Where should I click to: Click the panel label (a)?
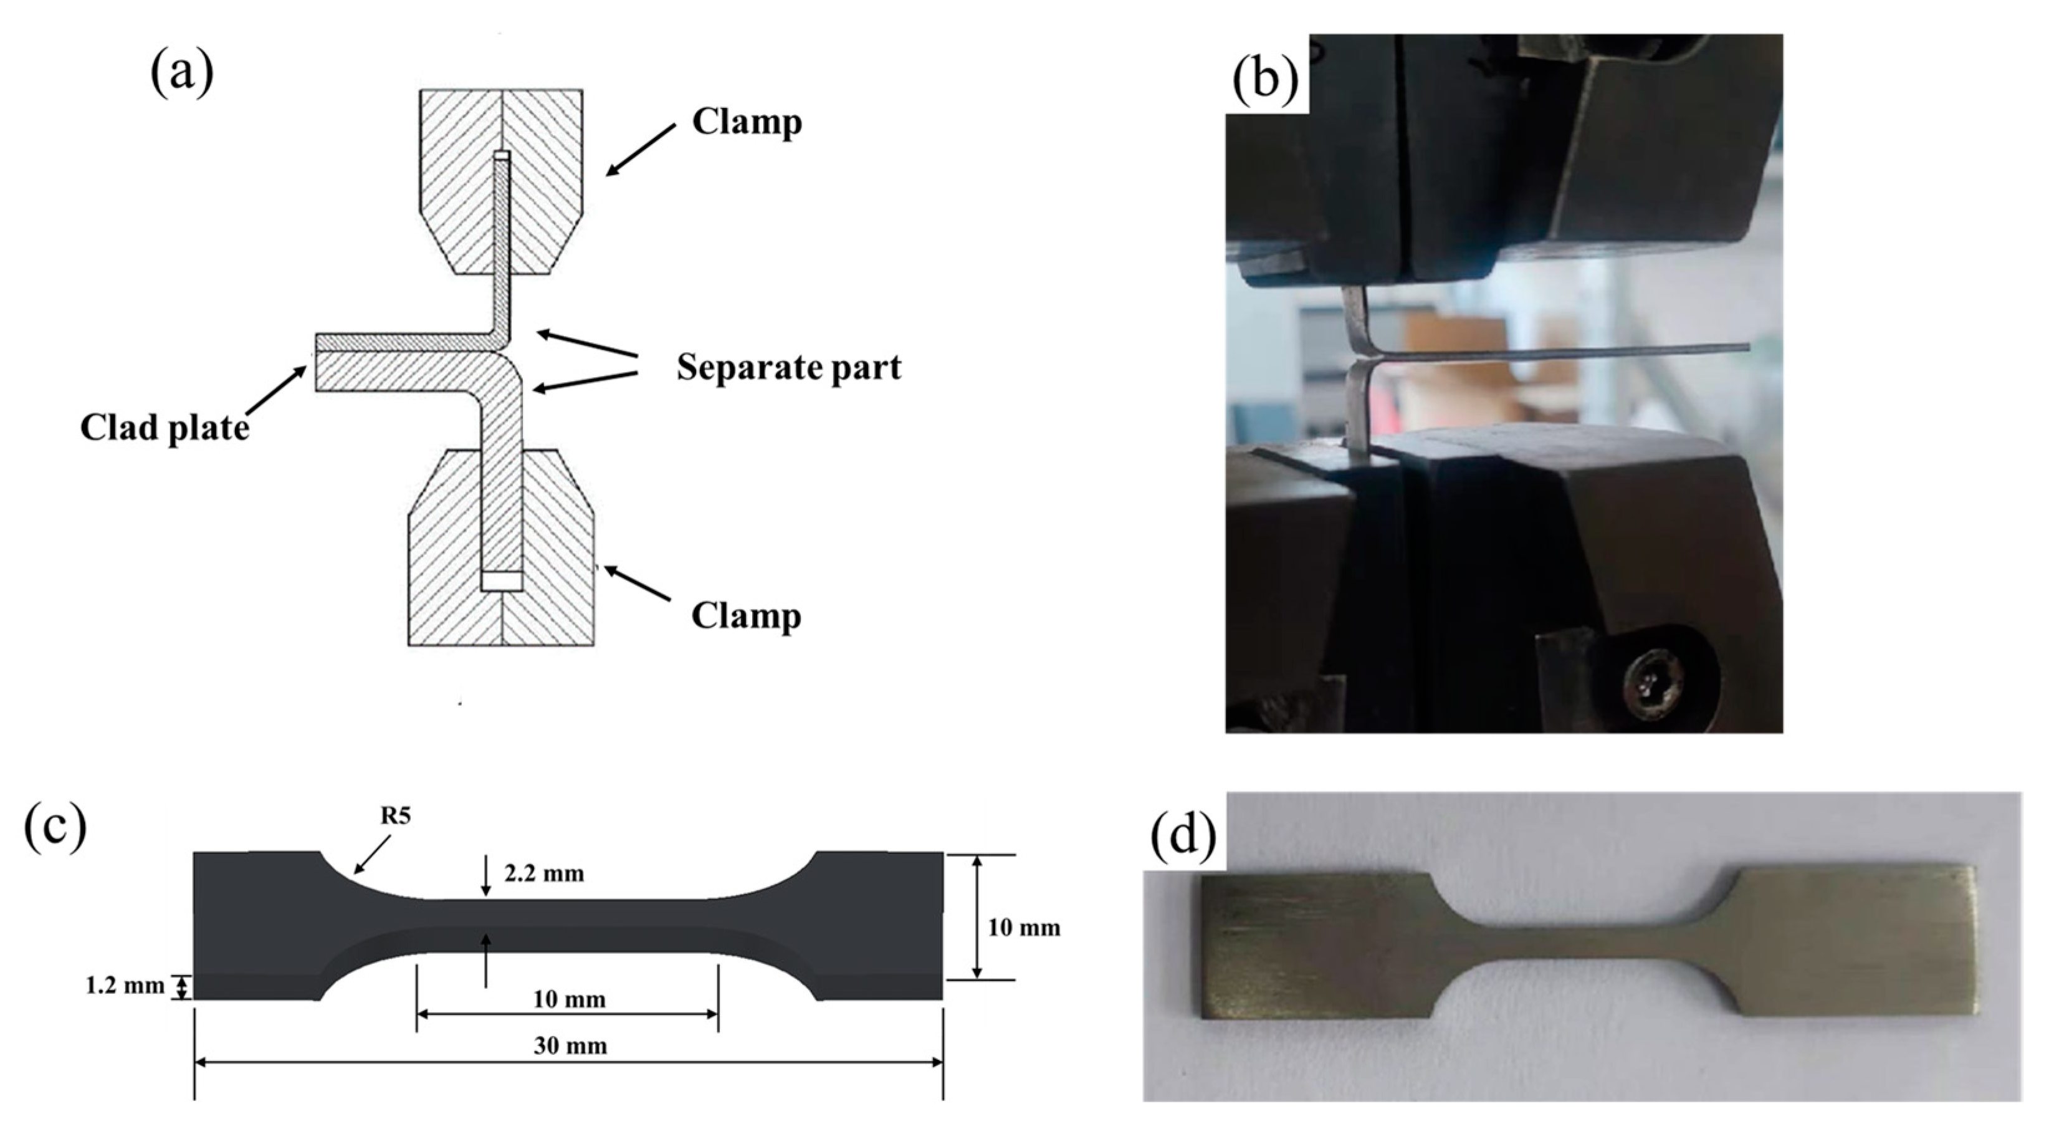click(181, 72)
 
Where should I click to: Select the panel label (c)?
click(55, 827)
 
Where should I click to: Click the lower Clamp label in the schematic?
click(745, 615)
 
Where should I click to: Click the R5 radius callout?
click(394, 817)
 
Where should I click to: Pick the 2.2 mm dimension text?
click(544, 874)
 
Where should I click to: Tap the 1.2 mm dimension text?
click(124, 986)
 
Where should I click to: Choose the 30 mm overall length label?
click(570, 1045)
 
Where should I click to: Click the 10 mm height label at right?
click(1024, 927)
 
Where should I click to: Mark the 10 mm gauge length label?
click(569, 999)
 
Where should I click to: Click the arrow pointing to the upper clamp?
click(641, 149)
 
